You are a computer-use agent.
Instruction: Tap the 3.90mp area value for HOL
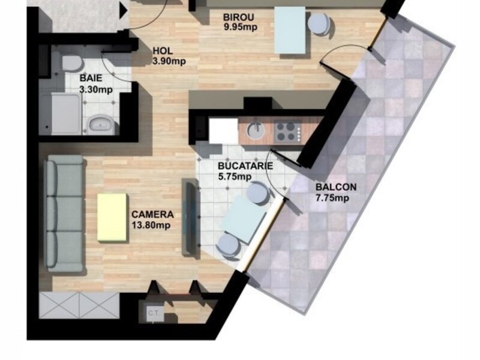pyautogui.click(x=169, y=61)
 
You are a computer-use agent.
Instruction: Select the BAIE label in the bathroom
pyautogui.click(x=91, y=78)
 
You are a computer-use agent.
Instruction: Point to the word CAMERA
pyautogui.click(x=152, y=214)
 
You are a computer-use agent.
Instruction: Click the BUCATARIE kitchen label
pyautogui.click(x=245, y=166)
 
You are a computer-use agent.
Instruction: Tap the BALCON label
pyautogui.click(x=336, y=187)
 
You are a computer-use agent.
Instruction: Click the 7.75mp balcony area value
pyautogui.click(x=332, y=198)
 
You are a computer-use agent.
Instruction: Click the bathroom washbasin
pyautogui.click(x=100, y=124)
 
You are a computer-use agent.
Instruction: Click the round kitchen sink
pyautogui.click(x=256, y=131)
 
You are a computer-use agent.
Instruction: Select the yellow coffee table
pyautogui.click(x=112, y=217)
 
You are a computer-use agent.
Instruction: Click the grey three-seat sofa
pyautogui.click(x=64, y=214)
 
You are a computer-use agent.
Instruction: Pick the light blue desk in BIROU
pyautogui.click(x=290, y=30)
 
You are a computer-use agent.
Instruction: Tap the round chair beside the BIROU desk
pyautogui.click(x=319, y=24)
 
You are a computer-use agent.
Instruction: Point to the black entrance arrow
pyautogui.click(x=123, y=11)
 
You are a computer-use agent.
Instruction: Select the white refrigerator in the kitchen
pyautogui.click(x=223, y=131)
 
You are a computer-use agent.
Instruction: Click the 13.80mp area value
pyautogui.click(x=151, y=226)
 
